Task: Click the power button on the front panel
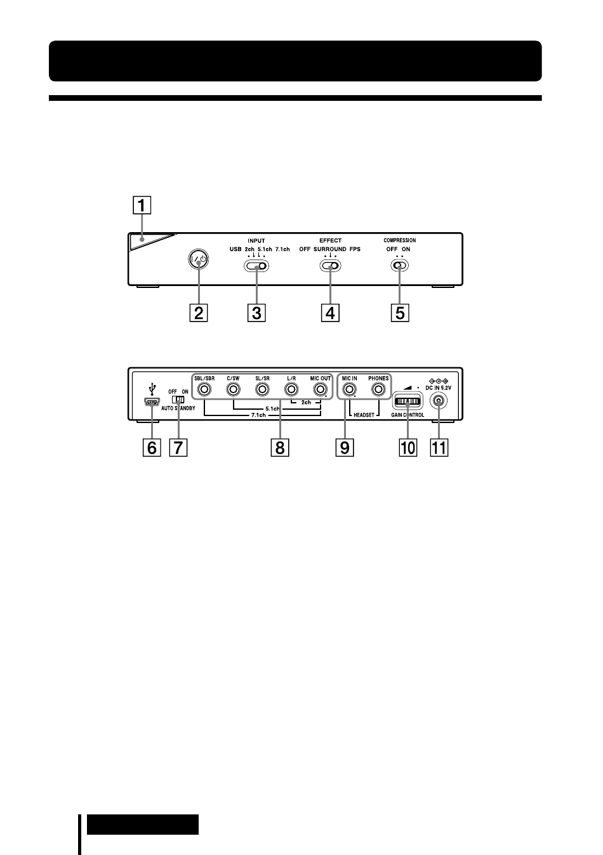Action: click(199, 259)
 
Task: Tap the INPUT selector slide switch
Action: click(256, 266)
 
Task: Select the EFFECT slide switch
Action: click(330, 266)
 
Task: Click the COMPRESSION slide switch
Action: click(399, 265)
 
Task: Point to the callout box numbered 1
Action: click(142, 205)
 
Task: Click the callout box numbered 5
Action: click(400, 313)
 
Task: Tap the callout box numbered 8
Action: click(280, 447)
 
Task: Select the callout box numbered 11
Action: click(439, 447)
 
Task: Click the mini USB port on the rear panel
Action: click(152, 402)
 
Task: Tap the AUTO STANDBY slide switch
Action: click(178, 399)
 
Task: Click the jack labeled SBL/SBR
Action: click(204, 389)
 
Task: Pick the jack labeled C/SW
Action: click(234, 389)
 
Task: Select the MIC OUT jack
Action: click(320, 389)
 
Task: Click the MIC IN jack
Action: click(349, 389)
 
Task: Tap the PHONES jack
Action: click(378, 389)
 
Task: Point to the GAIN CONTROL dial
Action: click(408, 401)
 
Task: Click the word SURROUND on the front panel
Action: click(330, 249)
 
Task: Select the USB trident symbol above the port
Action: click(152, 389)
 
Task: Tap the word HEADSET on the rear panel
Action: click(364, 415)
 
